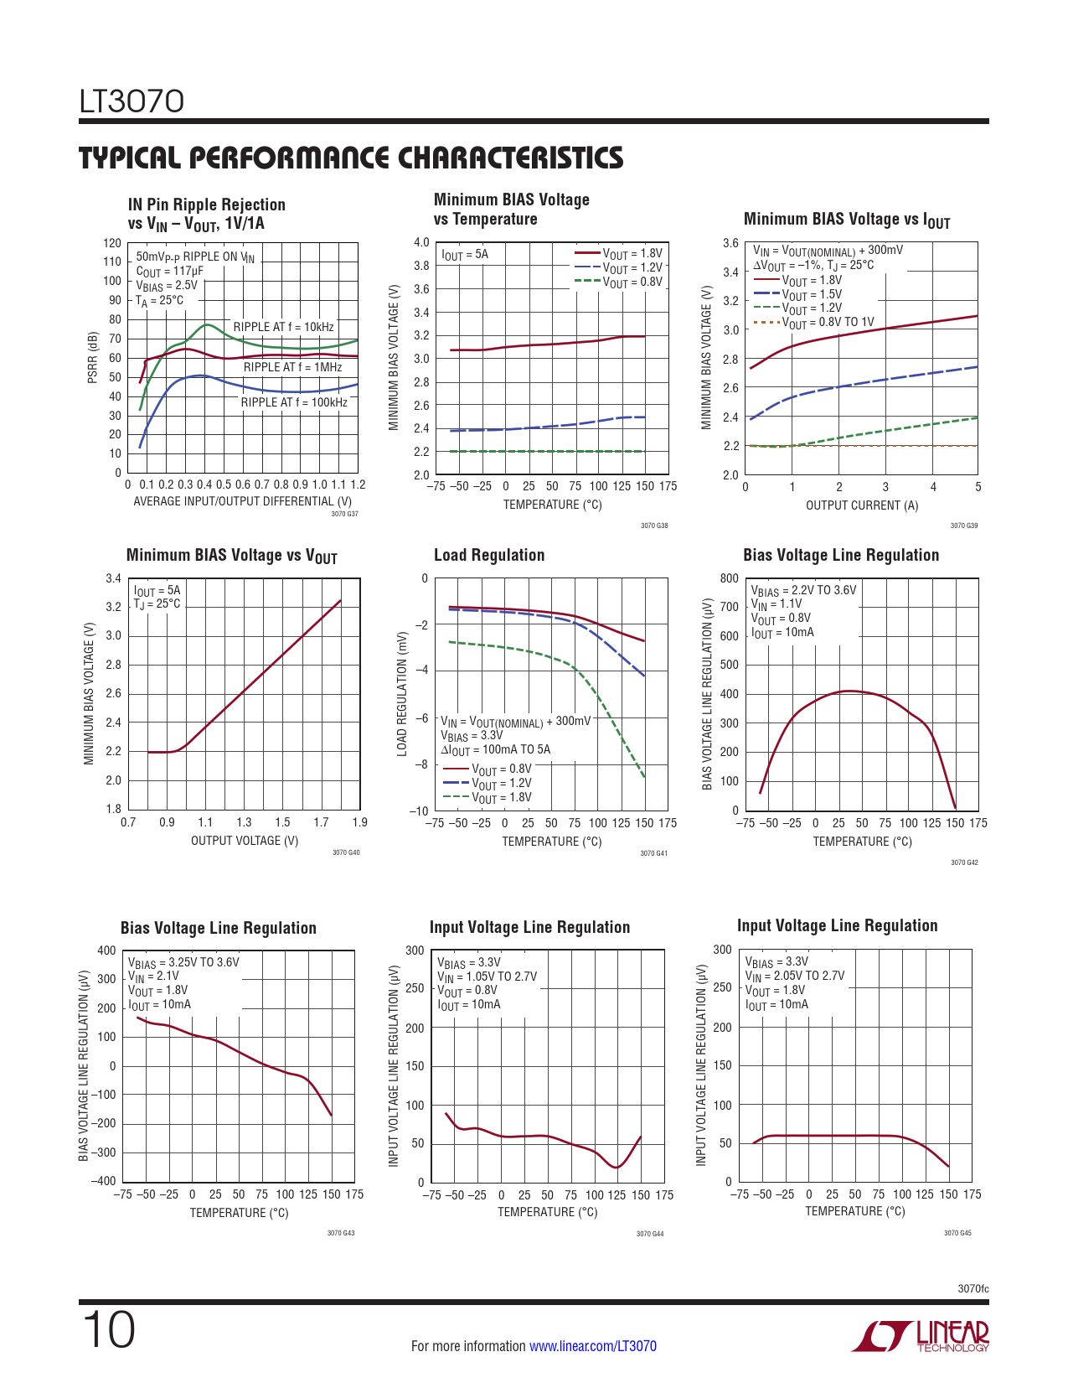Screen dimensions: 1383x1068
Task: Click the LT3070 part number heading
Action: click(x=132, y=102)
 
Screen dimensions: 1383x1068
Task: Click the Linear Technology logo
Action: click(x=921, y=1336)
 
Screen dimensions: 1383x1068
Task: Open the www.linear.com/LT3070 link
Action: click(x=593, y=1346)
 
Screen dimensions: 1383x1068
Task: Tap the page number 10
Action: click(x=108, y=1331)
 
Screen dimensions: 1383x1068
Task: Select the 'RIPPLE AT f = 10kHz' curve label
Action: click(x=283, y=327)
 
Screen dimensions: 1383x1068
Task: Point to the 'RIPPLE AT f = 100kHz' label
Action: click(x=294, y=402)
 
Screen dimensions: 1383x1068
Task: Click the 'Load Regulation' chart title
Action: click(x=489, y=555)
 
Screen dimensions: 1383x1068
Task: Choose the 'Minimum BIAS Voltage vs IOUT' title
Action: click(x=847, y=220)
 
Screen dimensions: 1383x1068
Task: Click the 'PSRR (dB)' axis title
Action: click(x=93, y=358)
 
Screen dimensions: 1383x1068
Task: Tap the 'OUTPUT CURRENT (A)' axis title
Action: click(x=862, y=505)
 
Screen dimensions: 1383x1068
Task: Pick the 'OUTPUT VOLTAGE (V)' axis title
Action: click(x=245, y=841)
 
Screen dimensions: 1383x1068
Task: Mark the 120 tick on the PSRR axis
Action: click(x=112, y=243)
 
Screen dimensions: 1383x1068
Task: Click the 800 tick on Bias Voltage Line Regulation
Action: click(x=729, y=578)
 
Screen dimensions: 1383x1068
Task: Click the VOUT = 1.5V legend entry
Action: click(x=811, y=294)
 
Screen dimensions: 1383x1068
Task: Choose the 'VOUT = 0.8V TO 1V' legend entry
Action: click(x=827, y=323)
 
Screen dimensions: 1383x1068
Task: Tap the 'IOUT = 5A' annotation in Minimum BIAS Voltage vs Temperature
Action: click(x=465, y=255)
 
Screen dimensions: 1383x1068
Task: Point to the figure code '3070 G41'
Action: click(x=653, y=853)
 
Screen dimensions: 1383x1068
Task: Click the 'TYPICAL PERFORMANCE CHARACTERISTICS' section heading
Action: click(x=351, y=158)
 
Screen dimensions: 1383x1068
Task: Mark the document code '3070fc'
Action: click(x=973, y=1289)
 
